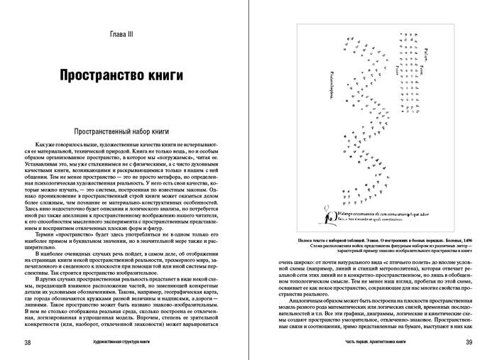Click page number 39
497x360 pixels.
(469, 344)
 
